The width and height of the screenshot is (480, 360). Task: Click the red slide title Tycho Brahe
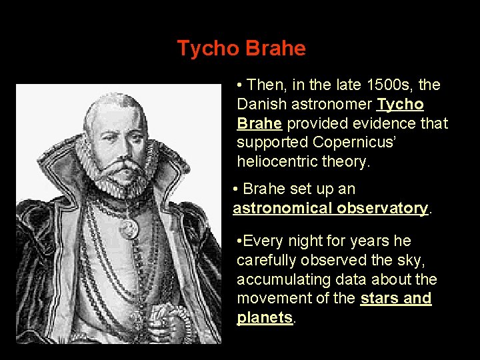[241, 49]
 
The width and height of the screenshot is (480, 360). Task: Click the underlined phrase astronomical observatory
[330, 208]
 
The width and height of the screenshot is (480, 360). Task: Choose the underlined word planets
[265, 317]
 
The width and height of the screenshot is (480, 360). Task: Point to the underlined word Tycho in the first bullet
[400, 105]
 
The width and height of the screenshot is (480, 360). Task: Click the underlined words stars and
[395, 298]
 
